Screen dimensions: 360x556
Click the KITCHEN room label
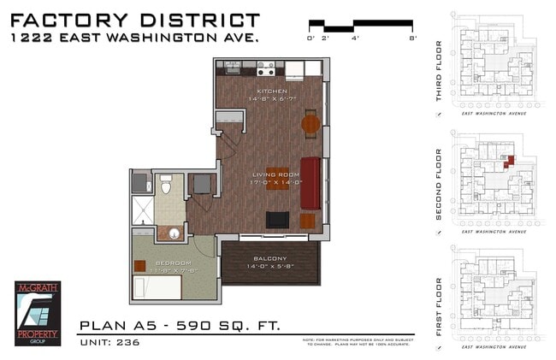pos(272,91)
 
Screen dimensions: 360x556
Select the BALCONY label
pos(270,258)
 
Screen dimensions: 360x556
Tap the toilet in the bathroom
pos(168,184)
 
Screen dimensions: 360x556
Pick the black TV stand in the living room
pos(277,220)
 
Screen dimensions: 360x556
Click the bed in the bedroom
pos(157,286)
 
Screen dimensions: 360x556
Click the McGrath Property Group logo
pos(38,313)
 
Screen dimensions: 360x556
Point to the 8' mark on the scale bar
pos(412,38)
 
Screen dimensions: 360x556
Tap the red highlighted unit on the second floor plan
pos(509,160)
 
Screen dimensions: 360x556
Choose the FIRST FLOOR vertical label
pos(439,307)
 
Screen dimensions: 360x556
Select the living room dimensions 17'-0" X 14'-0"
pos(275,183)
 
